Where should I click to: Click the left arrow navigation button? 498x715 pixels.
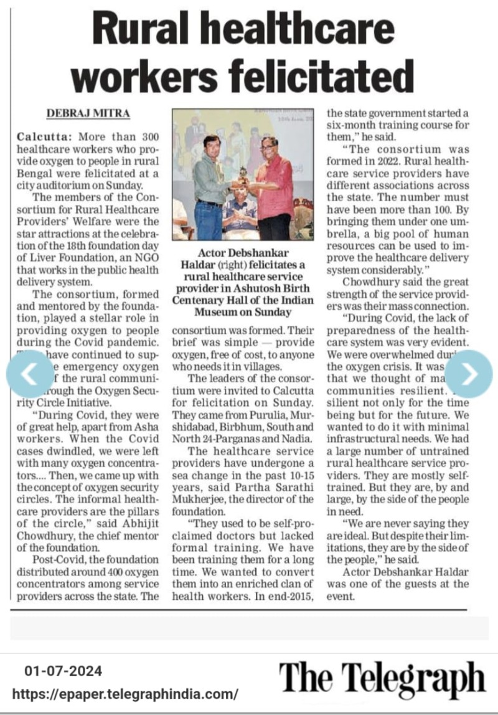coord(29,374)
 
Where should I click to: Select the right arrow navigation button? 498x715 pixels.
coord(469,374)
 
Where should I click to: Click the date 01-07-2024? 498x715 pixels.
coord(63,671)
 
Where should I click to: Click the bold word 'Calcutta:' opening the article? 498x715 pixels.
coord(42,136)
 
